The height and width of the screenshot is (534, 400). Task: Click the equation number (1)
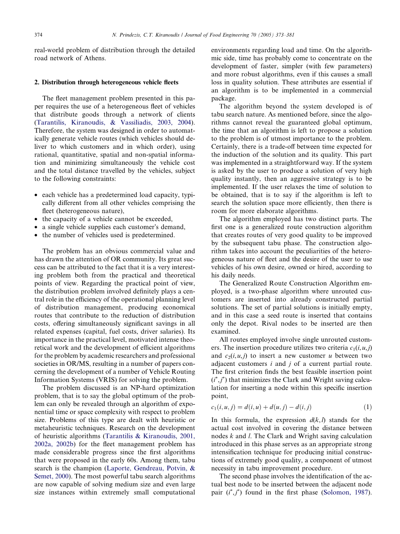(367, 407)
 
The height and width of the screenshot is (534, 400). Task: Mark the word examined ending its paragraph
(228, 332)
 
